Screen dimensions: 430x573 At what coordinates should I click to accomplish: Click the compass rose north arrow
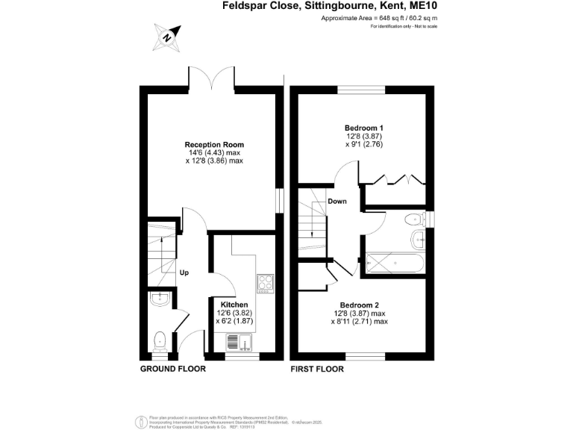pyautogui.click(x=168, y=35)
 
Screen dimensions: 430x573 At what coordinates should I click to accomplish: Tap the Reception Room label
pyautogui.click(x=214, y=145)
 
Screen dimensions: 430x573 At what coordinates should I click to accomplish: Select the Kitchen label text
pyautogui.click(x=234, y=305)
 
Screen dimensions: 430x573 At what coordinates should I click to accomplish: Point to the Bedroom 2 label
pyautogui.click(x=360, y=305)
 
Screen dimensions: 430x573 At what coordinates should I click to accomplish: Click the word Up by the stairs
pyautogui.click(x=184, y=272)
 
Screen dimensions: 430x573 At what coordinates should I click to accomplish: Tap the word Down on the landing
pyautogui.click(x=337, y=201)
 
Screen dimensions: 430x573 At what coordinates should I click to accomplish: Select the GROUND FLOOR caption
pyautogui.click(x=172, y=369)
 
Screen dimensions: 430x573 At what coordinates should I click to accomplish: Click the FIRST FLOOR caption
pyautogui.click(x=318, y=369)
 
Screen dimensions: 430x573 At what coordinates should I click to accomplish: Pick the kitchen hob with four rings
pyautogui.click(x=266, y=282)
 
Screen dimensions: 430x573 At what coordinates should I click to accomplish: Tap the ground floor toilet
pyautogui.click(x=159, y=341)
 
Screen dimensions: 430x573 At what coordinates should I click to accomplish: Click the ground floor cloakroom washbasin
pyautogui.click(x=160, y=300)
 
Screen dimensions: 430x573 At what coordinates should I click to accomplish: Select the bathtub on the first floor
pyautogui.click(x=395, y=264)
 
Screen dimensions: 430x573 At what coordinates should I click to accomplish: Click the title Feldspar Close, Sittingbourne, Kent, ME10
pyautogui.click(x=330, y=6)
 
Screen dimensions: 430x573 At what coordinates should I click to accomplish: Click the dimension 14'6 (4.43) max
pyautogui.click(x=214, y=153)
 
